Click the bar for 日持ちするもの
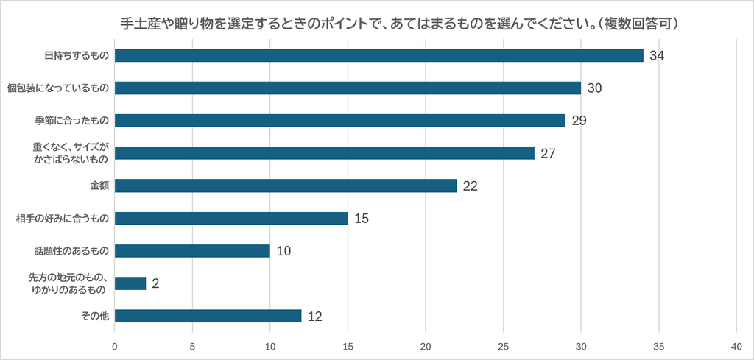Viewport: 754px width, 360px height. pos(379,55)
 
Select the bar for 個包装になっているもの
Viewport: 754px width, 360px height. pos(348,88)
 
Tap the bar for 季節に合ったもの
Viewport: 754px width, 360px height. pos(340,120)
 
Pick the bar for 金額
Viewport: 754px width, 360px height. pos(286,186)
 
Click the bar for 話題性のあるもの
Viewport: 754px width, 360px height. pos(192,251)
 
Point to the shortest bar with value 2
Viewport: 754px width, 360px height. pos(130,283)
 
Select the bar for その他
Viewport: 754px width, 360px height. pos(208,316)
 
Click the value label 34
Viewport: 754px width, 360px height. pos(657,56)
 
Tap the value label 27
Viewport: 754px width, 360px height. pos(548,153)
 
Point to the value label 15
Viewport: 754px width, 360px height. pos(362,219)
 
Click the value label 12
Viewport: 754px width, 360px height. pos(315,317)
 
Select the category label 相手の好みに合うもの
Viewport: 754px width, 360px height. pos(62,219)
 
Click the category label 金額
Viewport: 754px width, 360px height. pos(99,186)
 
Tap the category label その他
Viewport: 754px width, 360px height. pos(96,317)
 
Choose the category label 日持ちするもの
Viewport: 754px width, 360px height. pos(77,56)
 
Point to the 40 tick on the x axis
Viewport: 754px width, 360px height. pos(736,346)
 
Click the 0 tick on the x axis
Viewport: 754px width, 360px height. pos(114,346)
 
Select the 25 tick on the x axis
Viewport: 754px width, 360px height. pos(503,346)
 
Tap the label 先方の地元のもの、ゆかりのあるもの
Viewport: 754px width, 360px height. pos(71,283)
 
